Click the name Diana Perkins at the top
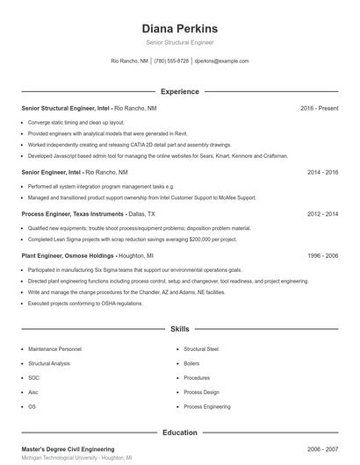pos(179,28)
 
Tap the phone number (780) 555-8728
pos(172,61)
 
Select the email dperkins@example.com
pos(221,61)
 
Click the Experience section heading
pos(179,91)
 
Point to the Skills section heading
pos(179,329)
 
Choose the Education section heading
pos(179,433)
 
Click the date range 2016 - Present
pos(319,108)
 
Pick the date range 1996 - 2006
pos(321,255)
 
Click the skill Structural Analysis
pos(48,362)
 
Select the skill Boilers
pos(191,362)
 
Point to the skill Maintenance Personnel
pos(54,348)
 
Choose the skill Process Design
pos(201,392)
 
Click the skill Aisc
pos(33,392)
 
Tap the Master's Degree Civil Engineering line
pos(68,448)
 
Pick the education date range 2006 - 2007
pos(321,448)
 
